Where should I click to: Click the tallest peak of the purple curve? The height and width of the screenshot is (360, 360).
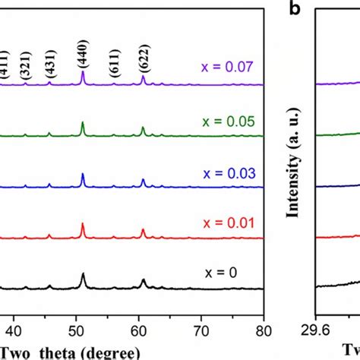(83, 74)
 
